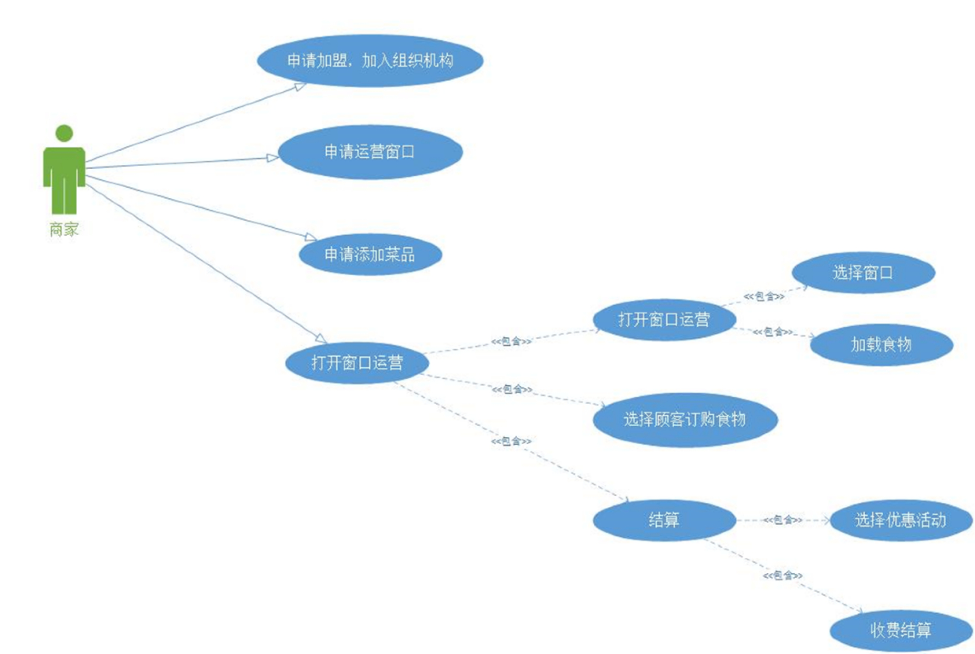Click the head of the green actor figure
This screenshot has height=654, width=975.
[x=64, y=133]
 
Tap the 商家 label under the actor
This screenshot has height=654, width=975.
[x=64, y=229]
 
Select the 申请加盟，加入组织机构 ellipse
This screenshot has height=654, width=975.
[x=370, y=61]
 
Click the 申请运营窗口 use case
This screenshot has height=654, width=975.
[x=370, y=152]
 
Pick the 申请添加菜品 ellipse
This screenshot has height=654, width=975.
[x=370, y=255]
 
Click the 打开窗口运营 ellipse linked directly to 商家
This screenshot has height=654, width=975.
[x=357, y=363]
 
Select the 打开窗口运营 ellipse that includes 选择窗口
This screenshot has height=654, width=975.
[x=664, y=319]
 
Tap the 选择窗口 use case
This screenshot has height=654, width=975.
[x=863, y=272]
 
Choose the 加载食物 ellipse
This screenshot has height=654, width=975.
[x=881, y=345]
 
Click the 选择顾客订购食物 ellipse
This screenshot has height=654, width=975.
[x=685, y=419]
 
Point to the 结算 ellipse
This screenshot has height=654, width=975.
[x=664, y=520]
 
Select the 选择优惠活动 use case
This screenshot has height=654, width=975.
[x=900, y=520]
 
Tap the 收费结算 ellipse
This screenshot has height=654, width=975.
[x=900, y=630]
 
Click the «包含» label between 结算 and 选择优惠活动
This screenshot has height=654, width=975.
[x=782, y=520]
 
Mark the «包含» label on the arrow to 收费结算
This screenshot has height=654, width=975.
[x=782, y=576]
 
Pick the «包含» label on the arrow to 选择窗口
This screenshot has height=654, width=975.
[x=764, y=297]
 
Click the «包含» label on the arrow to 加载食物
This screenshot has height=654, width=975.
[x=773, y=332]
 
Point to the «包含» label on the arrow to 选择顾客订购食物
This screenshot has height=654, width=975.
[x=512, y=390]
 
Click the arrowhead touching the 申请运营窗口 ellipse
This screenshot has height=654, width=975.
[x=273, y=158]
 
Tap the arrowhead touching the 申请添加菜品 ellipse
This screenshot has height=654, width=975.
[x=311, y=238]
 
